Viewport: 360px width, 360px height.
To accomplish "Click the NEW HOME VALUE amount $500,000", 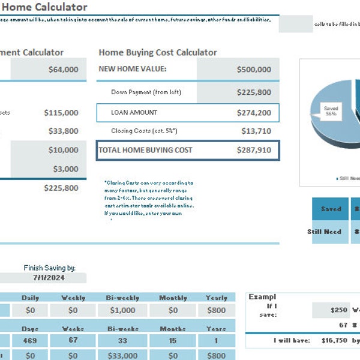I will tap(254, 69).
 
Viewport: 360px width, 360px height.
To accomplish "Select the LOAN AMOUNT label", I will tap(134, 112).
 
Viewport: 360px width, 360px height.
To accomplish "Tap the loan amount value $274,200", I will tap(254, 112).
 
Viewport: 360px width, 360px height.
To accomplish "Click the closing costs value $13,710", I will tap(256, 131).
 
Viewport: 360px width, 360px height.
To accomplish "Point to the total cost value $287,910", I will tap(254, 150).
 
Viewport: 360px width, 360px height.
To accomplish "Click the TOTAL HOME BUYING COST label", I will tap(146, 150).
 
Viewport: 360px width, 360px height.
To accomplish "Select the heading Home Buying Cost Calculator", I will tap(158, 52).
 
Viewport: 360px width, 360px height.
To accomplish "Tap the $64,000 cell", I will tap(63, 69).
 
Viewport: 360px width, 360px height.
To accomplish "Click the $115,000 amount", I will tap(61, 112).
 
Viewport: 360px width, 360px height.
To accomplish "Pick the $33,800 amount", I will tap(63, 131).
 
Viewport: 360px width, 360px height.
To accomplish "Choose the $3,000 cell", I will tap(65, 169).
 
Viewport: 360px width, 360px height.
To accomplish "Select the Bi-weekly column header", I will tap(122, 298).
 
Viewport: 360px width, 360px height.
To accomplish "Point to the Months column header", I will tap(173, 329).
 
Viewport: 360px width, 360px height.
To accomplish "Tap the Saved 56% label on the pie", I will tap(331, 111).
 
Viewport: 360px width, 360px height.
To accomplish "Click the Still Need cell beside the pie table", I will tap(324, 232).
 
